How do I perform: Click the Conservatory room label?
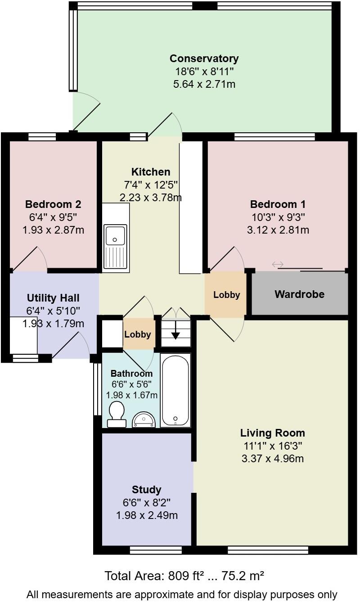pos(204,59)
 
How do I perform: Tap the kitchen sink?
pos(116,234)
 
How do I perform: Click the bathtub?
pos(175,390)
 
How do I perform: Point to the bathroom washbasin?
pos(144,420)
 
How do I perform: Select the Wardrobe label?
pos(299,294)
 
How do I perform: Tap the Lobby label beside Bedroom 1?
pos(226,295)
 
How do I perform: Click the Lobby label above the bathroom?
pos(137,334)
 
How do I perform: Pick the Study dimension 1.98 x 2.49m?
pos(147,515)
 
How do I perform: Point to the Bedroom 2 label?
pos(53,204)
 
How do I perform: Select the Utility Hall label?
pos(53,298)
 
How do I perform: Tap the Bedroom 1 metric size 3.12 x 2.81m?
pos(278,230)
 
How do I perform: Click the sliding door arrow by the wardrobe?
pos(278,264)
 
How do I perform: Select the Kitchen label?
pos(151,171)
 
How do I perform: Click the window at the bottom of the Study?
pos(156,550)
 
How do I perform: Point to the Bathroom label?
pos(131,373)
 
